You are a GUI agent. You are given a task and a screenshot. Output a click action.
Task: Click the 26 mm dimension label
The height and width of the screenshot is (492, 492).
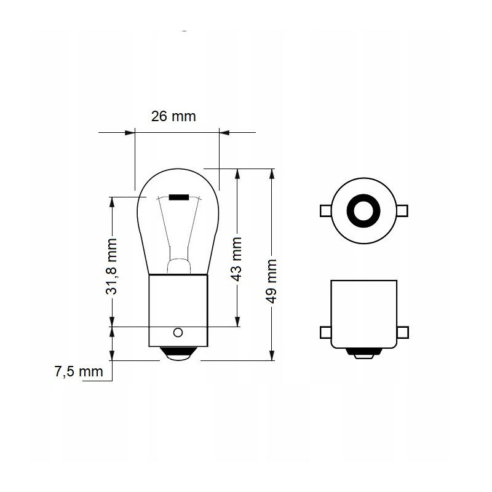click(x=173, y=116)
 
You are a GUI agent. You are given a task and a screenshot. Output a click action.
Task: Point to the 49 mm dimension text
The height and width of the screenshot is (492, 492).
click(x=272, y=280)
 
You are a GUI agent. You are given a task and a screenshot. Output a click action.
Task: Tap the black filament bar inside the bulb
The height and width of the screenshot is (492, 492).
click(x=179, y=197)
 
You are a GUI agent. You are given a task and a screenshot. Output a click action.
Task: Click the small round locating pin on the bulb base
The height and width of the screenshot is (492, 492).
click(x=178, y=333)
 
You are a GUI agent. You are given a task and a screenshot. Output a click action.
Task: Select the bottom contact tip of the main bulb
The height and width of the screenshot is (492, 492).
click(x=177, y=354)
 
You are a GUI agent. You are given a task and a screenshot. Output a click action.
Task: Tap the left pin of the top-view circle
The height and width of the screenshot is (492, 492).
click(x=325, y=210)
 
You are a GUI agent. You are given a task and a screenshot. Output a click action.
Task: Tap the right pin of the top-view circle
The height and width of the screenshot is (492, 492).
click(x=402, y=210)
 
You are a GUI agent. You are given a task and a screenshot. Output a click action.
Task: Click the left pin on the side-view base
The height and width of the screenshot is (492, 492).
click(x=326, y=333)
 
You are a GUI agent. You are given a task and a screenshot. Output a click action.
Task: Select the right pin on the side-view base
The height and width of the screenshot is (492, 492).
click(x=402, y=333)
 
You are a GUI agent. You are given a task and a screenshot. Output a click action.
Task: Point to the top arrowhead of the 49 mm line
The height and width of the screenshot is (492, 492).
click(x=272, y=172)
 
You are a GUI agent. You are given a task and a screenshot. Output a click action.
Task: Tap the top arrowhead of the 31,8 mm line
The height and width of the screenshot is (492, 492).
click(x=112, y=201)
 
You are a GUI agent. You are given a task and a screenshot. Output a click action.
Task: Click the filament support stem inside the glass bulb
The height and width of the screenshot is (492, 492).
click(x=178, y=246)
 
